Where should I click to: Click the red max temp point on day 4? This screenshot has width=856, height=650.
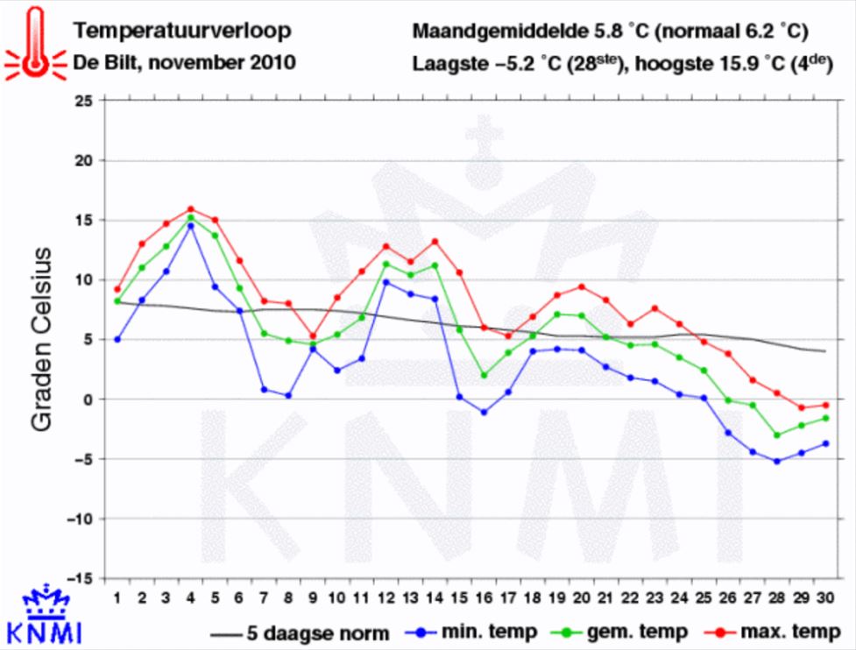point(191,209)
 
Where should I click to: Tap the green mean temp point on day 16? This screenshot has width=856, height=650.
point(484,375)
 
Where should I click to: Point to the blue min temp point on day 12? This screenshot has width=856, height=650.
point(386,282)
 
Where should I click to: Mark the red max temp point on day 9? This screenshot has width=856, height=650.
point(313,336)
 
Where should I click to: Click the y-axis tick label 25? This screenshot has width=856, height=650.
point(84,101)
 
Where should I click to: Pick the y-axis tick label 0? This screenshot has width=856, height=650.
point(88,399)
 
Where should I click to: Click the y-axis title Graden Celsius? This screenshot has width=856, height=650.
point(43,339)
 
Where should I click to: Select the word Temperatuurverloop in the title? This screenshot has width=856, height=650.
point(182,33)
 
